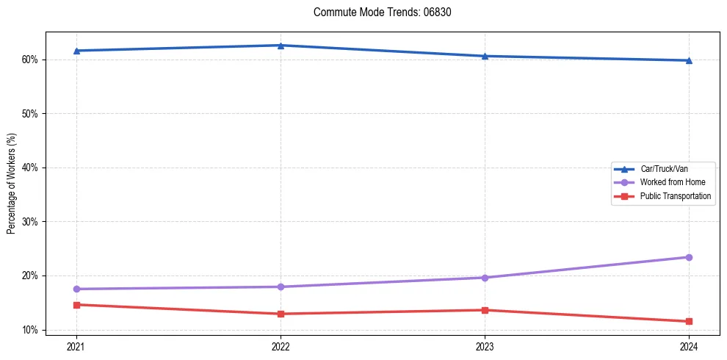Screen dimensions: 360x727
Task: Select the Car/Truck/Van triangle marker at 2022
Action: point(280,46)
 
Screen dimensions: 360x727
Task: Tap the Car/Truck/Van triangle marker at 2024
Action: point(689,60)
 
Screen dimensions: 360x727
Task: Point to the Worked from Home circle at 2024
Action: point(689,257)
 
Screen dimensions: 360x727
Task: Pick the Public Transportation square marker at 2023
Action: point(485,310)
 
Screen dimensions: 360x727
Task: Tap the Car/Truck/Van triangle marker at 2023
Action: point(485,56)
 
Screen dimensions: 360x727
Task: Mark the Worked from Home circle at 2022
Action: point(280,287)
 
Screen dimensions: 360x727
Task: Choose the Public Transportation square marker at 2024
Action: point(689,321)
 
